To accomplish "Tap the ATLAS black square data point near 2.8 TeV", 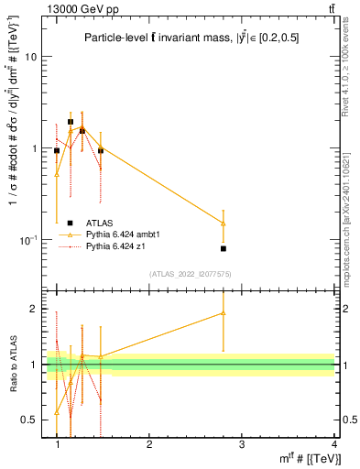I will [x=224, y=248].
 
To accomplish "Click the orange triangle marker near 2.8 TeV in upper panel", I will [x=224, y=223].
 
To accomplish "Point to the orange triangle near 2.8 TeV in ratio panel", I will [x=224, y=313].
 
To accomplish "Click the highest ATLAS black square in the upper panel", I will [x=71, y=121].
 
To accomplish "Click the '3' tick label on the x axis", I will [x=241, y=444].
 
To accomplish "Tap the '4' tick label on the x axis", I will [x=333, y=444].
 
